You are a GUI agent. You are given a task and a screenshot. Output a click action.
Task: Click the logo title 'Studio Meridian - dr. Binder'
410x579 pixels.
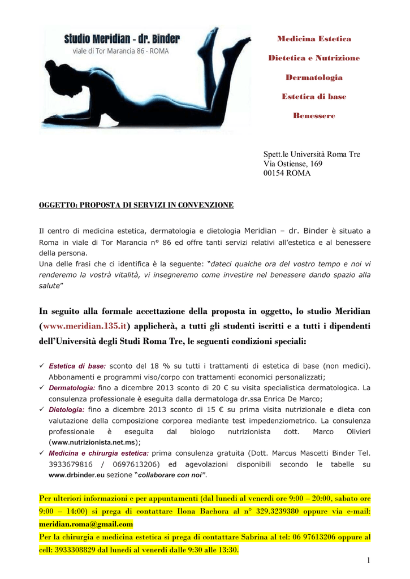pyautogui.click(x=122, y=39)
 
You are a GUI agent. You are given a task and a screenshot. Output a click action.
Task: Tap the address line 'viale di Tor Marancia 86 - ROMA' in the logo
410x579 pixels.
pyautogui.click(x=120, y=51)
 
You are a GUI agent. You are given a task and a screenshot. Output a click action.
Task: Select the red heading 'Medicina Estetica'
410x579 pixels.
pyautogui.click(x=314, y=39)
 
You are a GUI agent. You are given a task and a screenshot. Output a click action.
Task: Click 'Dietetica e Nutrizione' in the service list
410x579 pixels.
pyautogui.click(x=314, y=58)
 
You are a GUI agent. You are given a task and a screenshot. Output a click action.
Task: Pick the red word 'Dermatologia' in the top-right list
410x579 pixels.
pyautogui.click(x=314, y=77)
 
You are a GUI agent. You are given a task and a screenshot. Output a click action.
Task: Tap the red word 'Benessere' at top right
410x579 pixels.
pyautogui.click(x=314, y=116)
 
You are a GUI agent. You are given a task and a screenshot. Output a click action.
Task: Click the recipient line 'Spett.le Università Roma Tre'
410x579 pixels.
pyautogui.click(x=312, y=154)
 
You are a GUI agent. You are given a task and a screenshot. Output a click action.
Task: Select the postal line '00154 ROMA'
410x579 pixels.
pyautogui.click(x=287, y=174)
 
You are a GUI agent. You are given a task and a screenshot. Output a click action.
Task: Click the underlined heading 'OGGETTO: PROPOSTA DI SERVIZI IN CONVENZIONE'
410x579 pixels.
pyautogui.click(x=136, y=205)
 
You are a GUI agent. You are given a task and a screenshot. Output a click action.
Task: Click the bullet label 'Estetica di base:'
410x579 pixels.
pyautogui.click(x=77, y=366)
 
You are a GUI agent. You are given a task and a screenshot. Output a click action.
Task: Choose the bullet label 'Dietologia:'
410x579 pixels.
pyautogui.click(x=67, y=409)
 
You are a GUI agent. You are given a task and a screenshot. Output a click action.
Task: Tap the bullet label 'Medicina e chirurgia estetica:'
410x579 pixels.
pyautogui.click(x=99, y=453)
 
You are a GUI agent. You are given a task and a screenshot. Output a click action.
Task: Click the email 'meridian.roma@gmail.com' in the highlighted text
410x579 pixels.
pyautogui.click(x=86, y=524)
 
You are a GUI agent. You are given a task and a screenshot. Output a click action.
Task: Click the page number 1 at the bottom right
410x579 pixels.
pyautogui.click(x=368, y=560)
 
